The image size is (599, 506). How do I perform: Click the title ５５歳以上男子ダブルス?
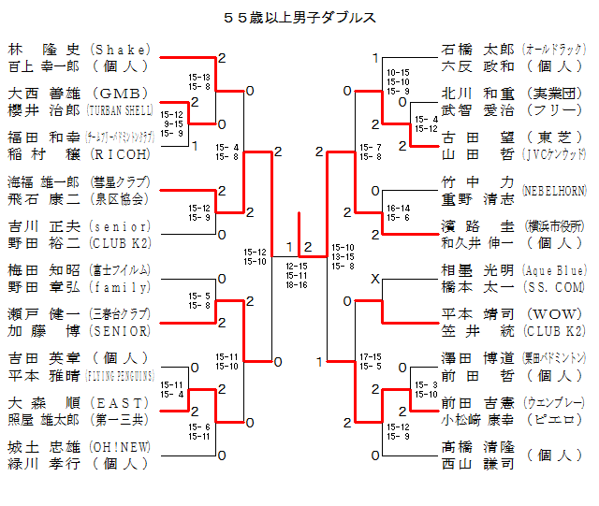299,17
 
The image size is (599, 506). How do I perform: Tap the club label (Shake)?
120,50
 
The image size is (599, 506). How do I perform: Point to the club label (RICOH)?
120,154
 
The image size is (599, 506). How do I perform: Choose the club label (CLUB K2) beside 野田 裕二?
120,242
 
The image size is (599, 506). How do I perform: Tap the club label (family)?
120,287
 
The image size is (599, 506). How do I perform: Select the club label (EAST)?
120,403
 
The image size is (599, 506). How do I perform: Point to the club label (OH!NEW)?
120,447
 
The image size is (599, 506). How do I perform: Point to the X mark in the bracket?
375,279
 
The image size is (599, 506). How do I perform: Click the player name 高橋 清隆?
477,447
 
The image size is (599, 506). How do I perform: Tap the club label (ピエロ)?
555,420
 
